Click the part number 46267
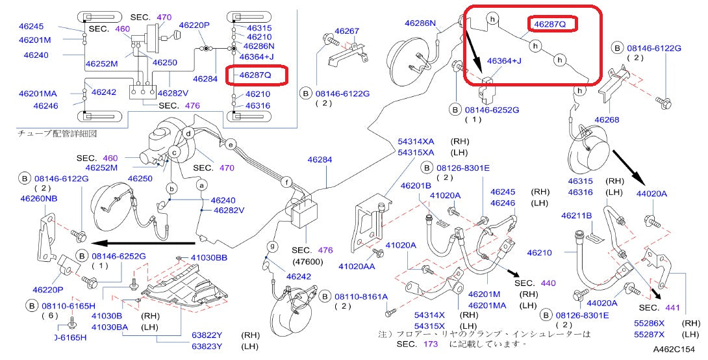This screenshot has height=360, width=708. tap(347, 31)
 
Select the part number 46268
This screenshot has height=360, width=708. tap(606, 120)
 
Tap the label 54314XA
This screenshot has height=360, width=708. tap(416, 141)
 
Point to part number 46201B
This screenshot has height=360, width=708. tap(416, 186)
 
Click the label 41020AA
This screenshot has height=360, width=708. tap(357, 266)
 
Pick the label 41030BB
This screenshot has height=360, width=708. tap(209, 258)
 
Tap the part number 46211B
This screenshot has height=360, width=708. tap(577, 215)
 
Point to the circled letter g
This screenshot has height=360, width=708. tap(273, 246)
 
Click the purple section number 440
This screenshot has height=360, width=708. tap(548, 283)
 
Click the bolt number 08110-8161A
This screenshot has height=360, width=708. tap(362, 296)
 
